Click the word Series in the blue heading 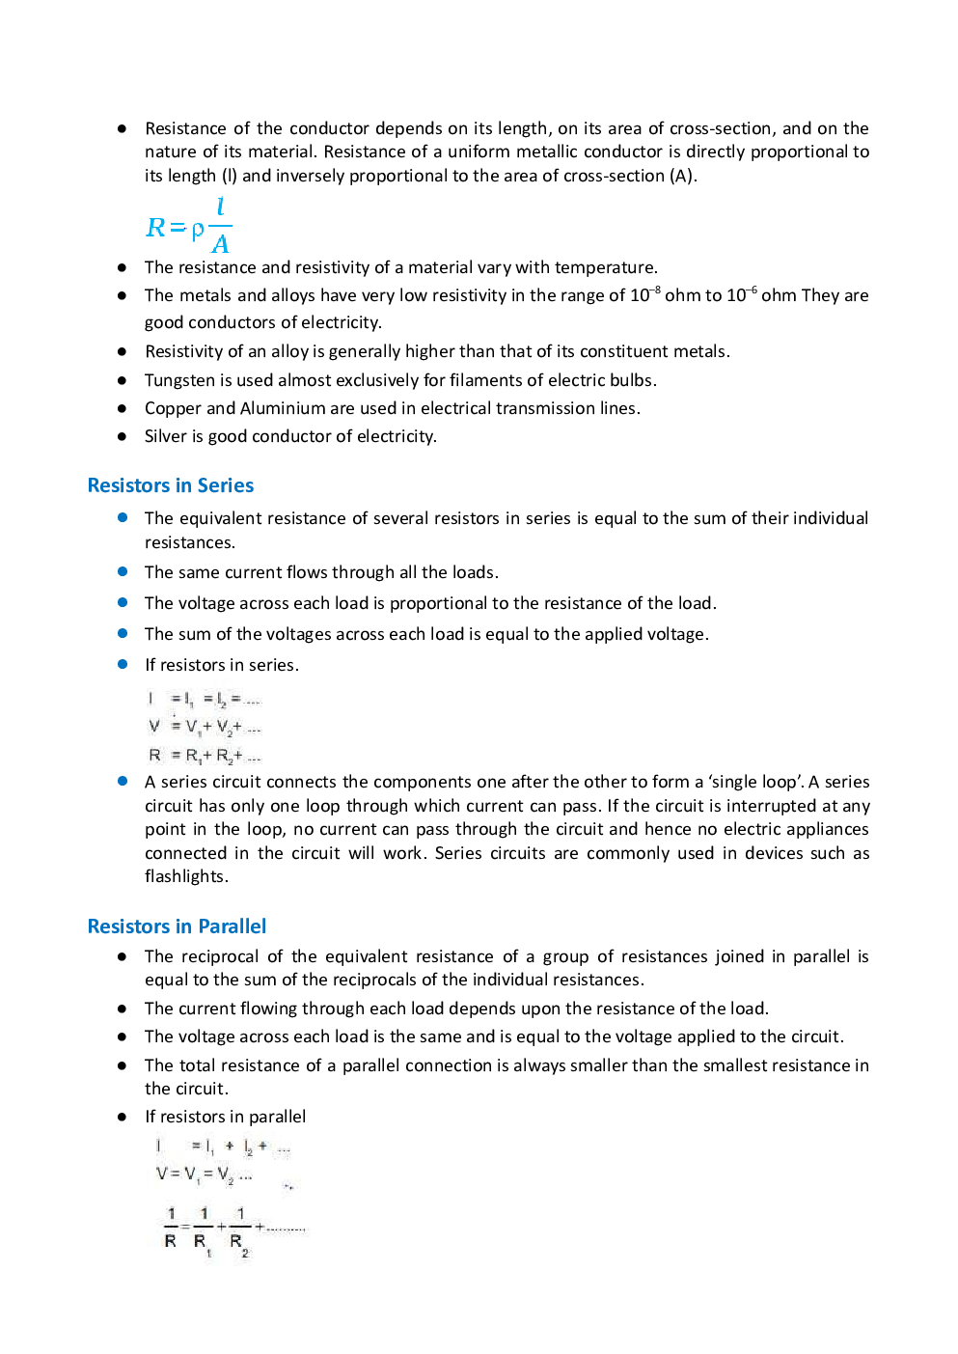pyautogui.click(x=225, y=485)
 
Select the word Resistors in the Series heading pyautogui.click(x=128, y=485)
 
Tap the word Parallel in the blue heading pyautogui.click(x=232, y=926)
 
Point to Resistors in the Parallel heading pyautogui.click(x=128, y=926)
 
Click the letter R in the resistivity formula pyautogui.click(x=155, y=228)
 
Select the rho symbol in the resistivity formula pyautogui.click(x=197, y=230)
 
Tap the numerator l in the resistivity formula pyautogui.click(x=220, y=207)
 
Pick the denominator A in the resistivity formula pyautogui.click(x=220, y=243)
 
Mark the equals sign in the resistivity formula pyautogui.click(x=177, y=229)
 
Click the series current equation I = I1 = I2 pyautogui.click(x=204, y=699)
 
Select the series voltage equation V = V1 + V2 pyautogui.click(x=204, y=726)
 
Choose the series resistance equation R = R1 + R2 pyautogui.click(x=204, y=755)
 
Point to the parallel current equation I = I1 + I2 pyautogui.click(x=223, y=1147)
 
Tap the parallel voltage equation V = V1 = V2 pyautogui.click(x=204, y=1174)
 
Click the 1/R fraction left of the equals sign pyautogui.click(x=171, y=1228)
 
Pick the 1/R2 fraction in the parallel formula pyautogui.click(x=239, y=1229)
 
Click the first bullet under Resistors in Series pyautogui.click(x=123, y=517)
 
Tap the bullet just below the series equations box pyautogui.click(x=123, y=781)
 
